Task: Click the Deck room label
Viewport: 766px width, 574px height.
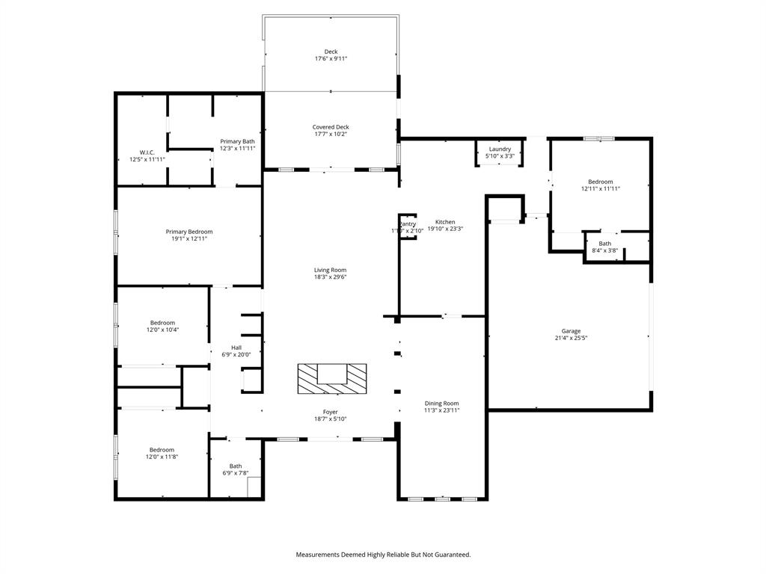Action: (331, 52)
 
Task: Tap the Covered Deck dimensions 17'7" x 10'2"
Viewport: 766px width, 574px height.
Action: (331, 135)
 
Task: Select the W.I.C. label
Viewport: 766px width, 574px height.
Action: (147, 152)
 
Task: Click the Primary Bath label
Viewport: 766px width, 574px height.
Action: (237, 141)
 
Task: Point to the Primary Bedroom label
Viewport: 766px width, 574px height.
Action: (189, 232)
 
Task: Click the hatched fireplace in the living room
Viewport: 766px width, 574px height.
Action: (332, 378)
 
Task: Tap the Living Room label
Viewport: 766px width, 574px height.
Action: (330, 270)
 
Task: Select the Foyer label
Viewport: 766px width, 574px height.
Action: (330, 412)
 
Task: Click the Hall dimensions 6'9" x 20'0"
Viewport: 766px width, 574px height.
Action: (236, 354)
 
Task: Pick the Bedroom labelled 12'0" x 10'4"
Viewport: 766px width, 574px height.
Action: (162, 323)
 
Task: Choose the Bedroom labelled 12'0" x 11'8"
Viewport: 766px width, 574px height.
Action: (162, 450)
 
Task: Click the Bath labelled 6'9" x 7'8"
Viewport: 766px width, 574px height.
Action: (236, 466)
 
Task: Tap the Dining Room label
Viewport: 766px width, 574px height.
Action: (441, 403)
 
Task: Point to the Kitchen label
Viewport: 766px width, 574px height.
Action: (445, 222)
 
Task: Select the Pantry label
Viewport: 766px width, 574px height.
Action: (408, 224)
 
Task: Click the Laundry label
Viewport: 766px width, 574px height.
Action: (500, 149)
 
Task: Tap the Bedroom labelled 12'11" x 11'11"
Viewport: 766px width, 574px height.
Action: (600, 182)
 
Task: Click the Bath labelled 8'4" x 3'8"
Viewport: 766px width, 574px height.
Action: (604, 244)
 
